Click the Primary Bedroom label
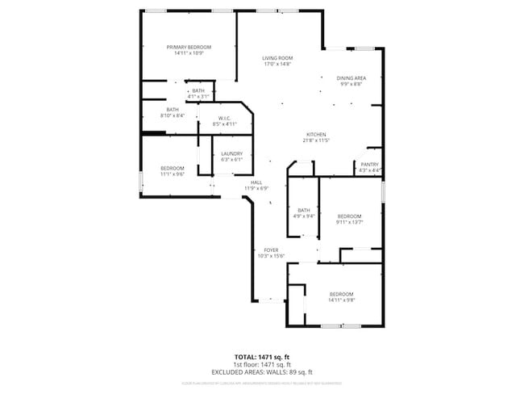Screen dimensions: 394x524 point(189,48)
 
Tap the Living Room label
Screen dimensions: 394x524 point(277,58)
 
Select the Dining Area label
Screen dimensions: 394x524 point(351,78)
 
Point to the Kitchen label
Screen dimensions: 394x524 point(315,135)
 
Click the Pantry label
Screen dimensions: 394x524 point(370,165)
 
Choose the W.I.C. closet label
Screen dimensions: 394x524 point(224,119)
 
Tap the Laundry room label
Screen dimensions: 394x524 point(232,153)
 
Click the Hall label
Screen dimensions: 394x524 point(256,182)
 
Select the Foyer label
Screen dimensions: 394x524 point(271,250)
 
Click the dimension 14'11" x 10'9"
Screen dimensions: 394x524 point(189,53)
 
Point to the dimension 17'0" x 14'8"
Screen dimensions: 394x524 point(277,64)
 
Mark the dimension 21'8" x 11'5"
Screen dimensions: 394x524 point(315,140)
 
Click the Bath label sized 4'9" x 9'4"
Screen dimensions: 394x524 point(304,210)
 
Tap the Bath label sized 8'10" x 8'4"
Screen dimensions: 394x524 point(173,110)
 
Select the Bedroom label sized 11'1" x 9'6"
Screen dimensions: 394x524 point(173,168)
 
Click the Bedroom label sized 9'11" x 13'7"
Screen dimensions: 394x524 point(349,216)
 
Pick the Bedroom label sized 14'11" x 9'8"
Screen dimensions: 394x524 point(341,294)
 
